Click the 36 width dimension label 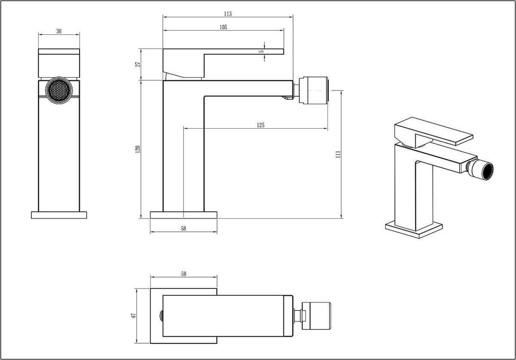[x=59, y=31]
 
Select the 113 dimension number [x=228, y=14]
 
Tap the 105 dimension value [x=223, y=27]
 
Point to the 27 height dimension [x=138, y=65]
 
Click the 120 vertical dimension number [x=138, y=149]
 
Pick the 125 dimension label [x=261, y=125]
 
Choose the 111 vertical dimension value [x=338, y=154]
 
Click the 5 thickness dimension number [x=262, y=51]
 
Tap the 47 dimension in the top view [x=134, y=316]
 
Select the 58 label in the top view [x=184, y=274]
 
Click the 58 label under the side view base [x=184, y=228]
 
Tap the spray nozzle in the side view [x=313, y=90]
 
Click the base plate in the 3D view [x=414, y=230]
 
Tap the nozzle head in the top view [x=316, y=316]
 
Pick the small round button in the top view [x=162, y=316]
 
